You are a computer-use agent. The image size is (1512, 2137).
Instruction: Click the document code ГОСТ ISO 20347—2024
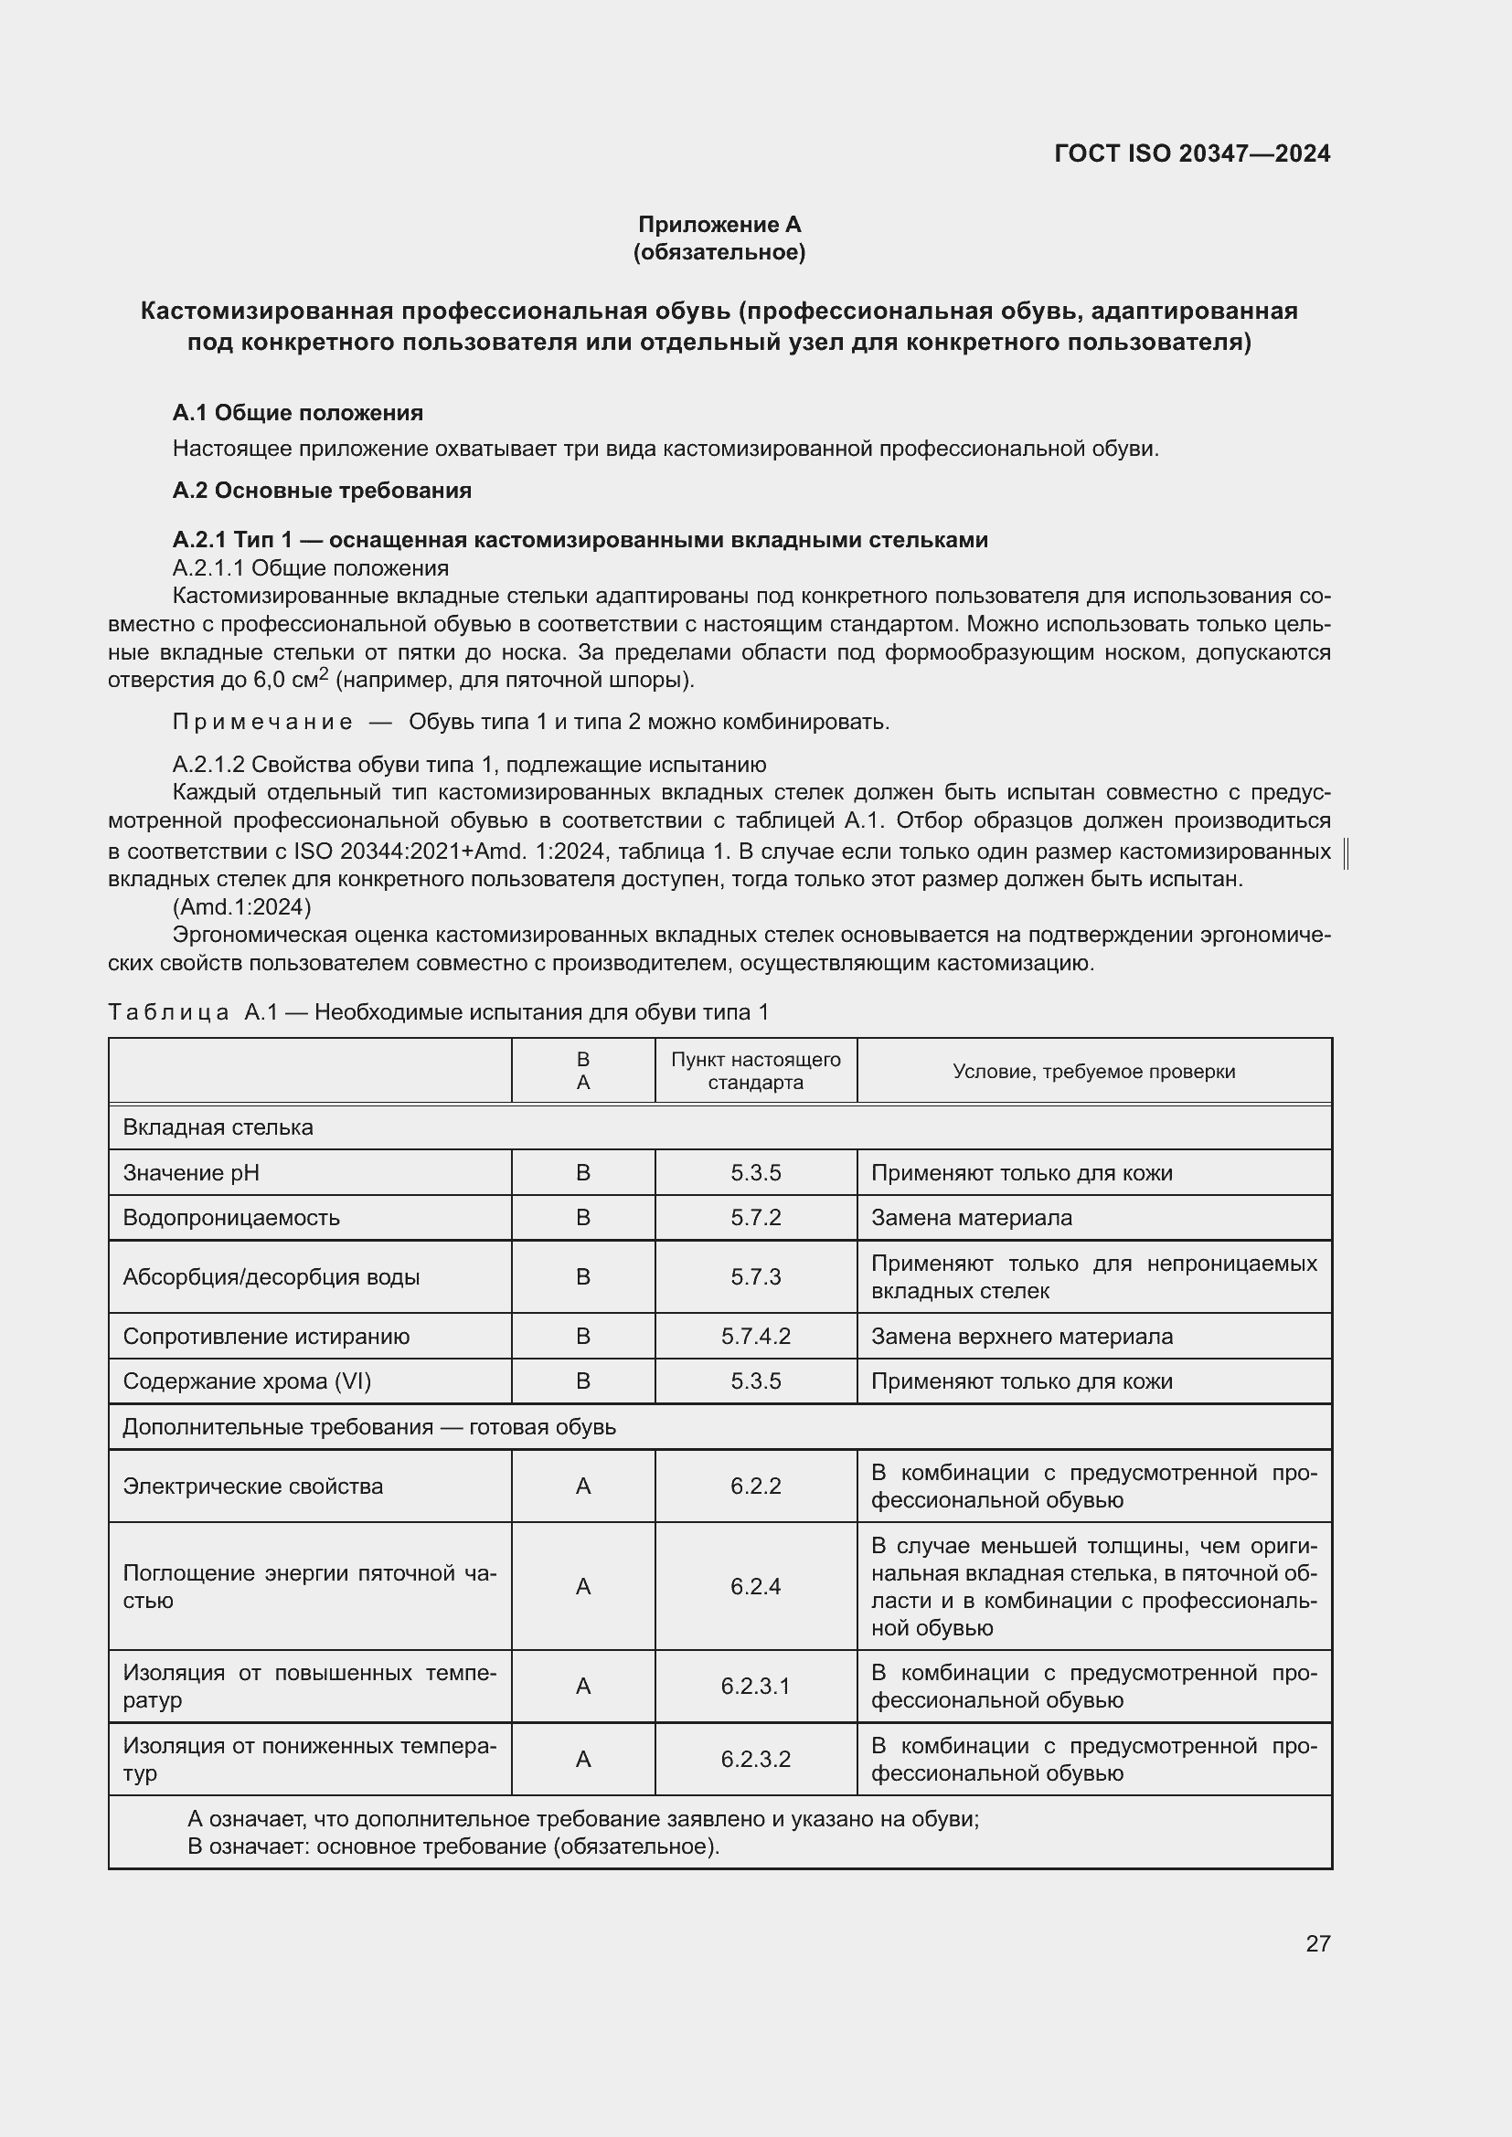click(1192, 153)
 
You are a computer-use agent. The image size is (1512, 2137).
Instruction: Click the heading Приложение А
click(719, 225)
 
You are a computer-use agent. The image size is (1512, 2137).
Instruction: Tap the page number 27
click(1317, 1943)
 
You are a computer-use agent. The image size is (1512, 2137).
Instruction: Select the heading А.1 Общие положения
click(298, 412)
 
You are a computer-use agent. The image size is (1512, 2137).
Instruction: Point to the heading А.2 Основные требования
click(322, 491)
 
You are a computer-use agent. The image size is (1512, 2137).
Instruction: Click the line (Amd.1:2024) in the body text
click(242, 906)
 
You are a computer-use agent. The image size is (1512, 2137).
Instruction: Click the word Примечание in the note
click(262, 723)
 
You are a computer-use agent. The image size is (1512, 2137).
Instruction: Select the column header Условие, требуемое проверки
click(1094, 1072)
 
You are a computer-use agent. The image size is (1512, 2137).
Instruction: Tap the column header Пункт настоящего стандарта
click(756, 1071)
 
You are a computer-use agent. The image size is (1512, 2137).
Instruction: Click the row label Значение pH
click(191, 1173)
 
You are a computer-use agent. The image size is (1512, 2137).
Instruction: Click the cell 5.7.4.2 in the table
click(756, 1337)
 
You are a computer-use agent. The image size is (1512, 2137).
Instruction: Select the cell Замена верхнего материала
click(1021, 1337)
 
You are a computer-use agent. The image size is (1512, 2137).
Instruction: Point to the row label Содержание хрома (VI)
click(247, 1381)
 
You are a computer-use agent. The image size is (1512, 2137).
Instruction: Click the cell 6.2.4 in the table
click(756, 1586)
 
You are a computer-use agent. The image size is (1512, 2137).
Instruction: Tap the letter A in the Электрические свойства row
click(584, 1486)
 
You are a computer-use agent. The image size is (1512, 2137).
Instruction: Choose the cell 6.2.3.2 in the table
click(756, 1759)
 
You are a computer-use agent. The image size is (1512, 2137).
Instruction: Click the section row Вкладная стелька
click(218, 1127)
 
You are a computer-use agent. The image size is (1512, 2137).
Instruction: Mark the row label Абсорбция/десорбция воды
click(271, 1277)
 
